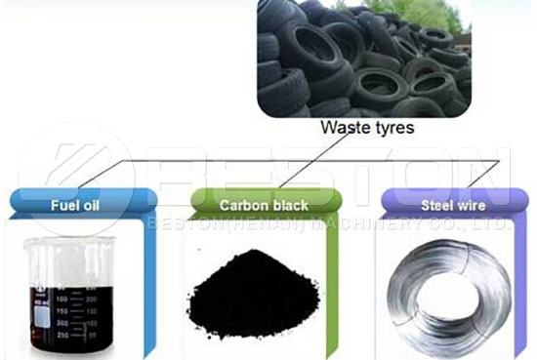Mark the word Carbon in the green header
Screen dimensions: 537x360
(x=241, y=205)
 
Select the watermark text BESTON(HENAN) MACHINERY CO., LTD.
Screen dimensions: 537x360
(x=327, y=224)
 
